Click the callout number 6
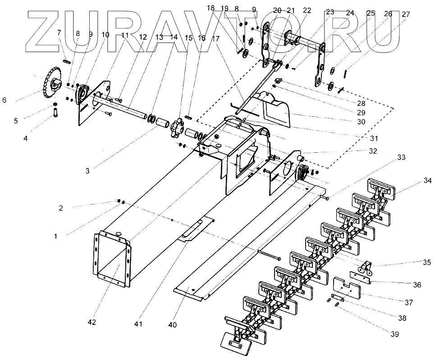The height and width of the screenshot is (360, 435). (x=4, y=100)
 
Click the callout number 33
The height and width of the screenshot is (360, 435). (x=401, y=158)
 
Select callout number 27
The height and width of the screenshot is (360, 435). (x=406, y=14)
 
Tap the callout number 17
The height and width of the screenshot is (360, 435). (x=215, y=39)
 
